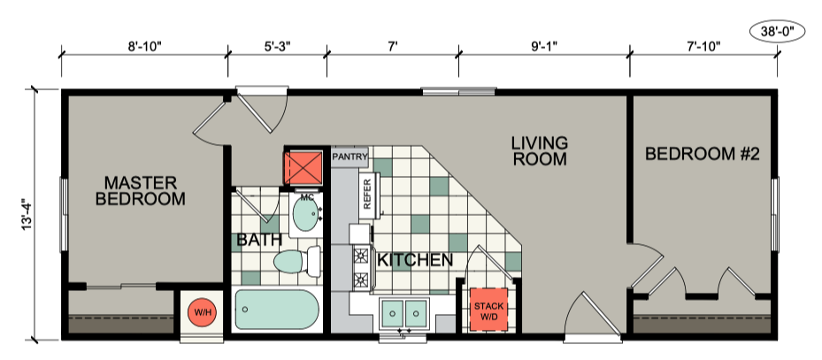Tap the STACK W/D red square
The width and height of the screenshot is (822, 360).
[x=488, y=310]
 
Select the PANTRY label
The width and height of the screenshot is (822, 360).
[x=350, y=157]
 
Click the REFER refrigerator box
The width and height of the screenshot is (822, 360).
[x=366, y=194]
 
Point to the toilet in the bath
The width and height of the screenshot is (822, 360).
[x=296, y=261]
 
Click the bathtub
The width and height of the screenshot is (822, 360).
[x=277, y=310]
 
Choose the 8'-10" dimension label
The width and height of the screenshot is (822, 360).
[x=145, y=46]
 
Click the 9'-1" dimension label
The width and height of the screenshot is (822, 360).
[x=544, y=46]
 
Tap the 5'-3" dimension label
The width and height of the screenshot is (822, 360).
[x=276, y=46]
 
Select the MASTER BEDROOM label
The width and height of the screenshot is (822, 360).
[x=140, y=191]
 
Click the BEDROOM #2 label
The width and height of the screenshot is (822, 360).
[x=702, y=154]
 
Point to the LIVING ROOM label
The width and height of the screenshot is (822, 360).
[x=540, y=150]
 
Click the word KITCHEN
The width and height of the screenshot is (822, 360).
[x=415, y=260]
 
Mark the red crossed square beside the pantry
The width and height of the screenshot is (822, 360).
[x=303, y=168]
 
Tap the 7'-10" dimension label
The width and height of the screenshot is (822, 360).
[x=703, y=46]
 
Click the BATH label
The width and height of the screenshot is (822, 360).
[x=259, y=240]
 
